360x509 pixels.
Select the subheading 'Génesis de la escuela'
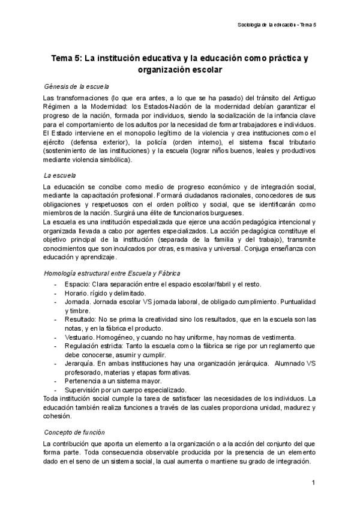(x=77, y=86)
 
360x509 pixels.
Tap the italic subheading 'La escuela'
(x=59, y=175)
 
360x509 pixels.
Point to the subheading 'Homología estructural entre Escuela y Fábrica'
(x=109, y=274)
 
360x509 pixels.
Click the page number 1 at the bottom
(x=313, y=483)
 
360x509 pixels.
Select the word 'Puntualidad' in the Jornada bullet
(x=295, y=302)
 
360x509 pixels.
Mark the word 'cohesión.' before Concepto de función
(x=58, y=416)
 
